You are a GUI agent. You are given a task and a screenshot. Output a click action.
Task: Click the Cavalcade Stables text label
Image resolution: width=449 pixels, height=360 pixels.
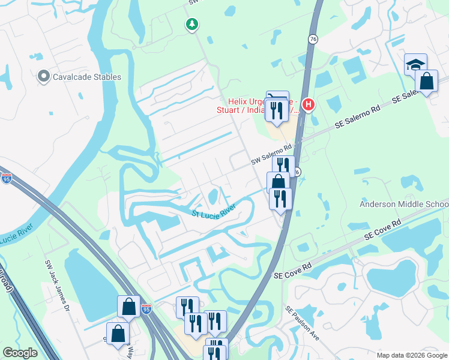point(86,77)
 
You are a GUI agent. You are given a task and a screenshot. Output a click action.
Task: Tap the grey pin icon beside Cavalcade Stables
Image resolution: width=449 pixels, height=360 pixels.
point(43,76)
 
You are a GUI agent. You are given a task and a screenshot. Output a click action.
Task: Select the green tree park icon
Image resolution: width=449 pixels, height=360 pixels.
point(192,25)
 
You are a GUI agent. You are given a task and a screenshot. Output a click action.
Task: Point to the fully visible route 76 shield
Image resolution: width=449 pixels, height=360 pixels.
point(313,38)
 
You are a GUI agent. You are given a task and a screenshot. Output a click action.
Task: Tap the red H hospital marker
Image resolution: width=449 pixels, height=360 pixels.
point(309,105)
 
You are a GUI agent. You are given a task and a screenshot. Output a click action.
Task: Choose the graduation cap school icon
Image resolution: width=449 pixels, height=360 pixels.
point(415,64)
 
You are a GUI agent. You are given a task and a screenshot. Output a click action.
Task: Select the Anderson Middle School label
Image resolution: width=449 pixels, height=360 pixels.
point(403,205)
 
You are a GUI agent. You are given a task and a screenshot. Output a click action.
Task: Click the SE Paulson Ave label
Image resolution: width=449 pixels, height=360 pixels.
point(302,324)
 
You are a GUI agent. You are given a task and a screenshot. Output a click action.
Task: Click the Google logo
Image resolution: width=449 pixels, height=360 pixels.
point(20,353)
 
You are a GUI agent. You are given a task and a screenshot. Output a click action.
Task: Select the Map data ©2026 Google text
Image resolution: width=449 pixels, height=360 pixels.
point(411,355)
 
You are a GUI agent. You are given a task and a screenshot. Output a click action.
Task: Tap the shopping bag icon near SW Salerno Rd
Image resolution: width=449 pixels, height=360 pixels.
point(278,182)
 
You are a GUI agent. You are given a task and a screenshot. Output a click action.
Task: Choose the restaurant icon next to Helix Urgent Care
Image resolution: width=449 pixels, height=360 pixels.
point(277,110)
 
